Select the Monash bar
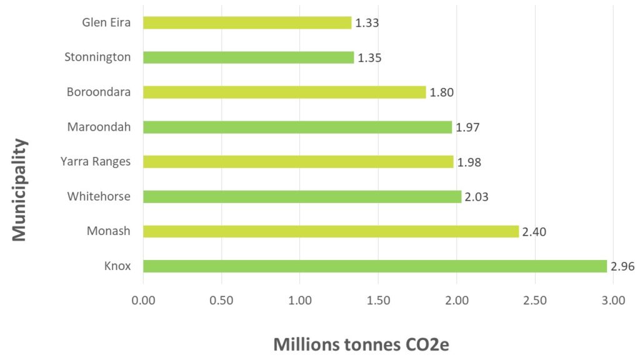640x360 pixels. tap(331, 231)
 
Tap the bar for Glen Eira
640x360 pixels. tap(247, 23)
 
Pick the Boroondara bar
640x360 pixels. tap(284, 92)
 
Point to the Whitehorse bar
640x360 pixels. tap(302, 197)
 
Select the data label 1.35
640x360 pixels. tap(369, 58)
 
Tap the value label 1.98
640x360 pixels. tap(468, 162)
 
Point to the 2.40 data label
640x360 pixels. tap(534, 232)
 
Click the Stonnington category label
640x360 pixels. tap(97, 57)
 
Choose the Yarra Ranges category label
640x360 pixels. tap(96, 162)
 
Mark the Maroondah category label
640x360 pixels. tap(99, 127)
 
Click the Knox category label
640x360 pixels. tap(117, 266)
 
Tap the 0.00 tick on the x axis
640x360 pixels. tap(143, 301)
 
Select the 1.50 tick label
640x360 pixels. tap(378, 301)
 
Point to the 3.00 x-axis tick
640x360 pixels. tap(613, 301)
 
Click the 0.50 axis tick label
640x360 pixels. tap(221, 301)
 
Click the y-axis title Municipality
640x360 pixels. tap(19, 189)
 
